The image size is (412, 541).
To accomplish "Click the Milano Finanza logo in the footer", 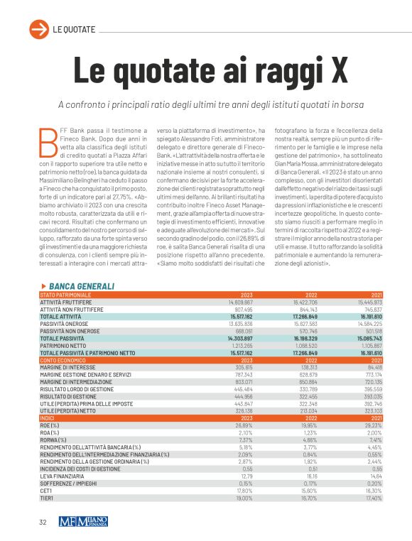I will tap(83, 522).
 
